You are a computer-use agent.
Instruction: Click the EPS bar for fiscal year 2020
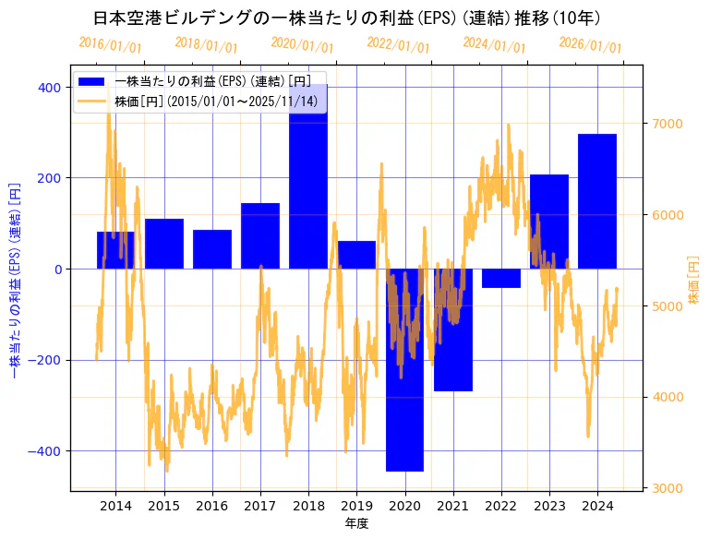tap(404, 369)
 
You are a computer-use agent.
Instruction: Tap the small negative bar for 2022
tap(500, 278)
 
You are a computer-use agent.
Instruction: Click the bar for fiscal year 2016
tap(212, 249)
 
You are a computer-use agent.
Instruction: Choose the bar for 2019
tap(356, 255)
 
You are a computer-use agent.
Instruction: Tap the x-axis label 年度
tap(356, 523)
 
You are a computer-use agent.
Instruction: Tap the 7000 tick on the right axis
tap(667, 124)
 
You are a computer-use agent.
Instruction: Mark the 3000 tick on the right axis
tap(667, 488)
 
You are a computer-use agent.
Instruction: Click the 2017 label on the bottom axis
tap(260, 506)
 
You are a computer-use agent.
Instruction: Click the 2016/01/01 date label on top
tap(110, 44)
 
